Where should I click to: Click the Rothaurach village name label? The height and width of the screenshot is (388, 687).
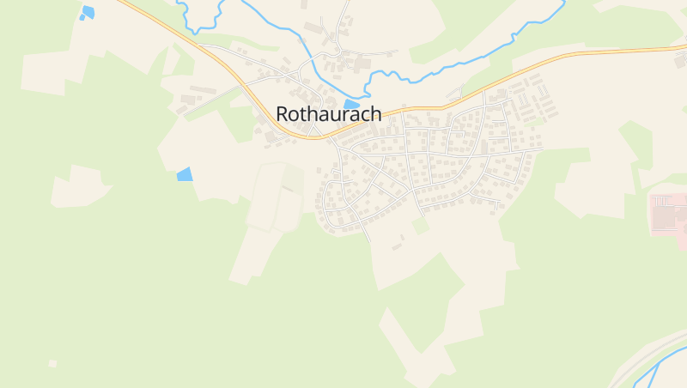tap(329, 113)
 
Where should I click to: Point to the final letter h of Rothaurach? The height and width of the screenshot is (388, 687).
tap(375, 113)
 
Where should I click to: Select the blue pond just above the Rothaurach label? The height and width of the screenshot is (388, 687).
tap(351, 104)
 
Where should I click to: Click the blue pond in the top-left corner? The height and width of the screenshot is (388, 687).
tap(87, 12)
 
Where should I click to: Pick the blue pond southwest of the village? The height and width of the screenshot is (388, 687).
tap(185, 174)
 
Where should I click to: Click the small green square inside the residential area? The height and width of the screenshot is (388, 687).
tap(421, 226)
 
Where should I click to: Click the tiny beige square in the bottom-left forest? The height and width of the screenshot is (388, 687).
tap(52, 363)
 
